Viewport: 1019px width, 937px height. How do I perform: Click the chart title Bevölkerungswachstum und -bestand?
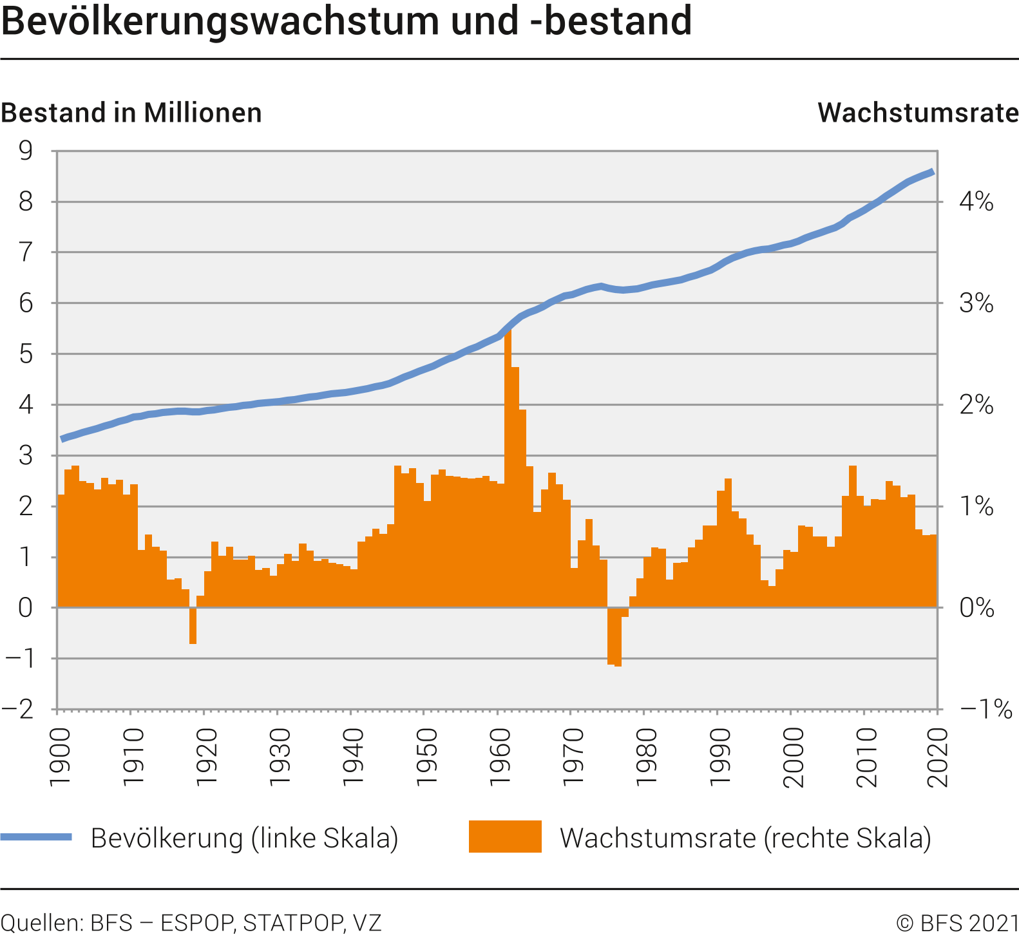347,21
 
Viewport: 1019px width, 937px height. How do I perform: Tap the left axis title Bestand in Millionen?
131,113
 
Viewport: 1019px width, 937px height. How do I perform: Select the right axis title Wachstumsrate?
918,113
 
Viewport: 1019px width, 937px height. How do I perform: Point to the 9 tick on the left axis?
26,151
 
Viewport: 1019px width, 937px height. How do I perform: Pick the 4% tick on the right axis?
976,202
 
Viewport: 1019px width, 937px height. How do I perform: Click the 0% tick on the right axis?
976,607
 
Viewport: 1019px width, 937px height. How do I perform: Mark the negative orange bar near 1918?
193,625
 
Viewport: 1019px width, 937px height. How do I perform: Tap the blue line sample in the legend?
36,837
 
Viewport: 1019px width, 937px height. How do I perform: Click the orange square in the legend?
505,837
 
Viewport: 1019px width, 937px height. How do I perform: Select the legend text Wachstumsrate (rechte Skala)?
745,838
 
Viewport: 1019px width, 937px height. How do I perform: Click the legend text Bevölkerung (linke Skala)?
245,838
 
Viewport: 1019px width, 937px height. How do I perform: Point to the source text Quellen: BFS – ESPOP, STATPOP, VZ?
191,923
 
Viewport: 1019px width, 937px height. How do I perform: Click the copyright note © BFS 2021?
957,923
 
